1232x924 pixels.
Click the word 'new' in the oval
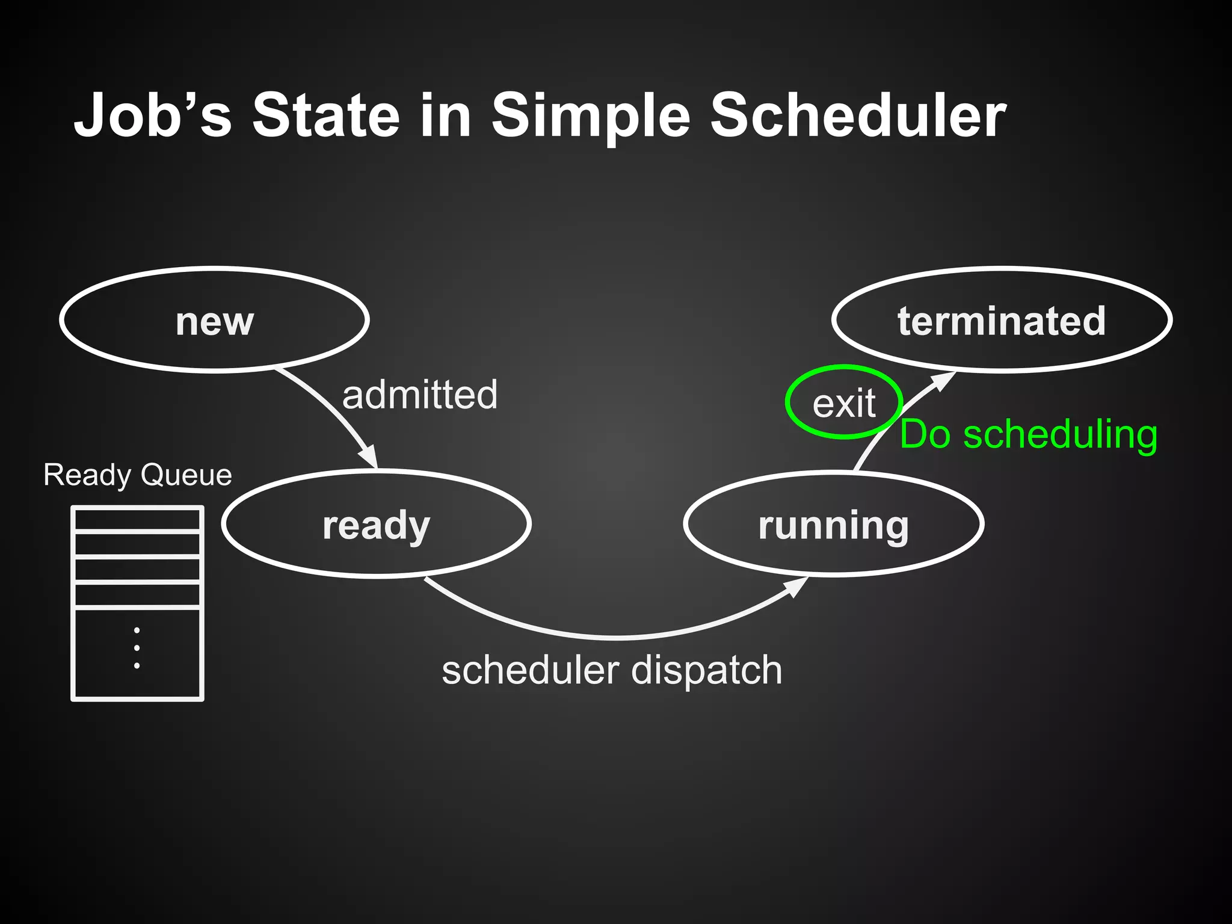point(215,321)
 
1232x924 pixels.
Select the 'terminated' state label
point(1002,321)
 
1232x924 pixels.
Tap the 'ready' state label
point(377,526)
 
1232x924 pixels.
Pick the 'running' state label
point(834,526)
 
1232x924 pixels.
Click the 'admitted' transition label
point(420,395)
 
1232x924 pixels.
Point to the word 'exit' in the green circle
point(844,404)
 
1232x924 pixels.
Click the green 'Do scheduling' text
point(1029,434)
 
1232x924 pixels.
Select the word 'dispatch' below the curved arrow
point(707,670)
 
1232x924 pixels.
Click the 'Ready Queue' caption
point(138,475)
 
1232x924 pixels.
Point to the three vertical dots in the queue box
point(137,648)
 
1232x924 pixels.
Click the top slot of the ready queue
point(137,520)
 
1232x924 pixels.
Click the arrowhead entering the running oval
point(797,587)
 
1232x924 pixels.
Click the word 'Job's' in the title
point(153,115)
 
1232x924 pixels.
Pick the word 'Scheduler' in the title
point(858,115)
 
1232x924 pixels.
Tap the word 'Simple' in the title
point(591,115)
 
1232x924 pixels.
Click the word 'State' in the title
point(325,115)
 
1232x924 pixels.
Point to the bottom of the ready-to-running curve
point(617,636)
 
